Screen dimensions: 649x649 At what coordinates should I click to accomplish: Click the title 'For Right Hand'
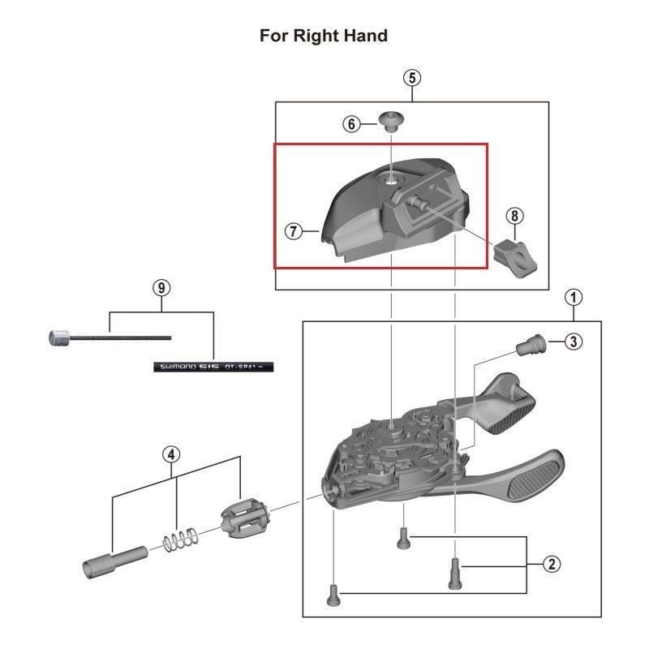point(324,36)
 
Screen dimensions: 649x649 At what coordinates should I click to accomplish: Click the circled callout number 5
point(412,78)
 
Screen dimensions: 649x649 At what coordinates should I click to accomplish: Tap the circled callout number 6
point(351,124)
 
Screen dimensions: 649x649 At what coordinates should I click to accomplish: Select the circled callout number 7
point(294,231)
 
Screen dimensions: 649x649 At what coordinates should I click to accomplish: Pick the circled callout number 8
point(514,216)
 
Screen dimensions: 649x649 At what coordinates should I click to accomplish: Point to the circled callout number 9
point(161,288)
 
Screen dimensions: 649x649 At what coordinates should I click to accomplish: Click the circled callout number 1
point(574,297)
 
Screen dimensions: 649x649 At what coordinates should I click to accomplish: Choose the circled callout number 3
point(573,342)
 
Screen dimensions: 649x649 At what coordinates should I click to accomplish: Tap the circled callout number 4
point(171,454)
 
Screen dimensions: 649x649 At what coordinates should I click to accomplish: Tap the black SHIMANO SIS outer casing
point(213,366)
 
